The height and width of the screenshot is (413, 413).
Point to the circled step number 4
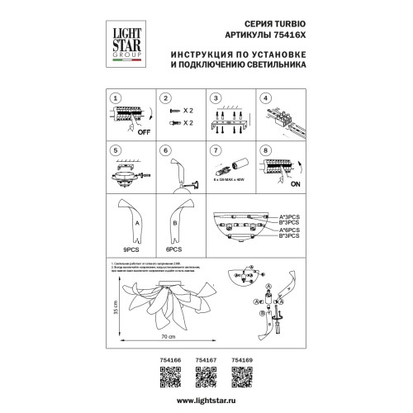coord(267,97)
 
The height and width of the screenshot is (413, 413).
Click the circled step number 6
coord(166,150)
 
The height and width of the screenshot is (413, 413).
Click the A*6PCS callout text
coord(288,231)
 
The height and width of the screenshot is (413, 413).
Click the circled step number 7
coord(215,150)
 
